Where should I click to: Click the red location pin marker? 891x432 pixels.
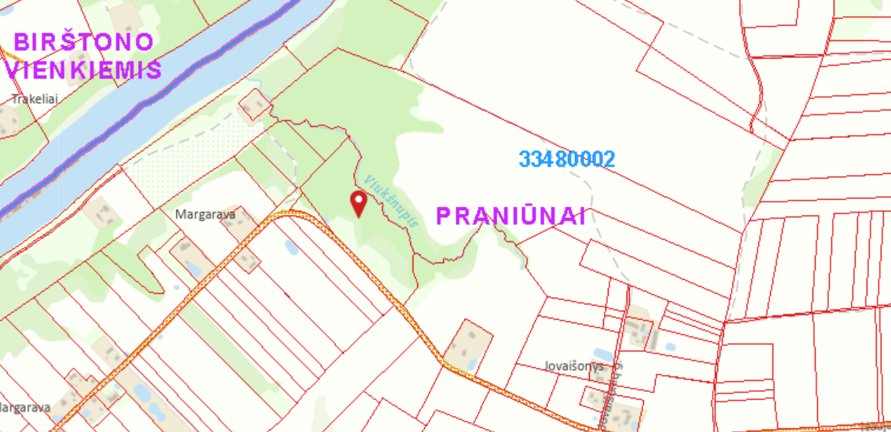click(358, 202)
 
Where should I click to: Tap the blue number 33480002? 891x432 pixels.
click(567, 159)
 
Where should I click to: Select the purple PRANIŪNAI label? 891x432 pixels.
click(511, 216)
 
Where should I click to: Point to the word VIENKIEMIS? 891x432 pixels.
click(83, 70)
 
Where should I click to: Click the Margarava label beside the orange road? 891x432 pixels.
click(205, 214)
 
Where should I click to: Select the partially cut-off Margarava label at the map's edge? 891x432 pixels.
click(25, 408)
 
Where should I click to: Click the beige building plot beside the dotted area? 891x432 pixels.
click(254, 105)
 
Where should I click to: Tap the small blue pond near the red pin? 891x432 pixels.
click(291, 249)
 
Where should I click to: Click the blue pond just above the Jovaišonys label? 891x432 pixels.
click(604, 354)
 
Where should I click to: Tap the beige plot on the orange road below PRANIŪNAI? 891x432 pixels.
click(468, 344)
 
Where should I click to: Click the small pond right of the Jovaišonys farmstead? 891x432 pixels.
click(670, 346)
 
